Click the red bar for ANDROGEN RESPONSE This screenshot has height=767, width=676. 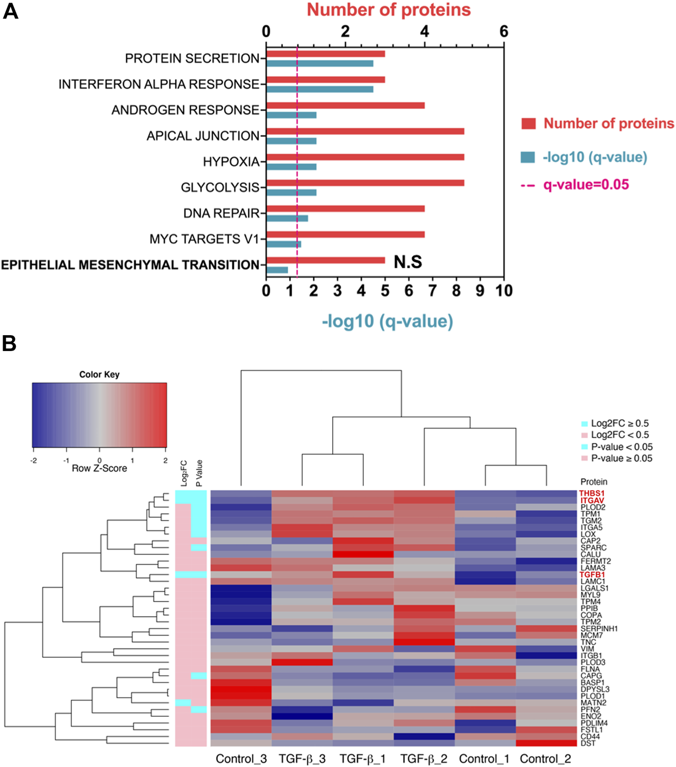click(x=345, y=106)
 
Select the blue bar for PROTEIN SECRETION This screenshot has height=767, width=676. click(x=320, y=63)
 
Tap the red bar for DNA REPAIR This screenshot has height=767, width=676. click(x=345, y=209)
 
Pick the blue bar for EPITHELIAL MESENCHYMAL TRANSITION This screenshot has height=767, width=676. click(x=277, y=270)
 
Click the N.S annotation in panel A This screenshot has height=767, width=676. click(x=408, y=262)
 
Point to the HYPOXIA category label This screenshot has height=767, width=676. click(x=231, y=162)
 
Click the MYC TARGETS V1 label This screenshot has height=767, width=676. click(x=204, y=239)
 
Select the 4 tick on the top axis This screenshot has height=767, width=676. click(x=425, y=32)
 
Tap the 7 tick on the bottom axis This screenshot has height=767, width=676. click(x=433, y=291)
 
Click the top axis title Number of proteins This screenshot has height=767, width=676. click(x=389, y=10)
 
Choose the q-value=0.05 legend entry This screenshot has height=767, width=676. click(x=586, y=185)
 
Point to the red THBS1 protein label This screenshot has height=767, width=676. click(x=591, y=494)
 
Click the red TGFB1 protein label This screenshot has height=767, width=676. click(x=592, y=575)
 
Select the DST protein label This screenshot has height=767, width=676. click(x=587, y=743)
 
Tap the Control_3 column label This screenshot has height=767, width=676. click(x=241, y=759)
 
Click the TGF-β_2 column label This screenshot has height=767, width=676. click(x=424, y=759)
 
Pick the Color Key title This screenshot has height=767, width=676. click(x=99, y=374)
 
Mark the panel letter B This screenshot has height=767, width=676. click(x=10, y=344)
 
